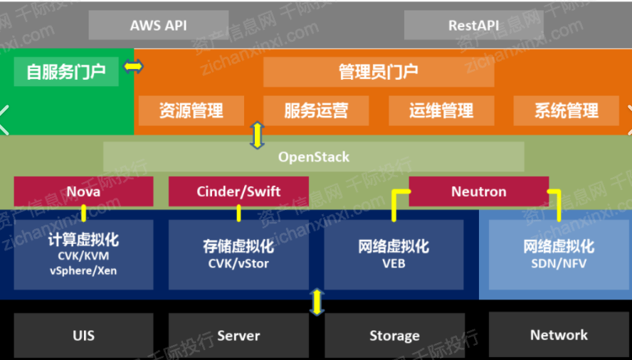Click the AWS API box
(159, 26)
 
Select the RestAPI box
(473, 26)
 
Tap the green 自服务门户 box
(66, 72)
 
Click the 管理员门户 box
(379, 72)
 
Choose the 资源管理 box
(191, 110)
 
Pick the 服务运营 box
(316, 110)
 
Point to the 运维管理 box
(441, 110)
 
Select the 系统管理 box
(567, 110)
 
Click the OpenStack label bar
(314, 157)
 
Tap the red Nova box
(83, 191)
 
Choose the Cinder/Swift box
(238, 191)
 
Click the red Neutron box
(479, 191)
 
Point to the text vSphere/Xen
(83, 270)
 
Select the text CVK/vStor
(238, 264)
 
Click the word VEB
(394, 264)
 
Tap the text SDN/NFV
(559, 264)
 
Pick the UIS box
(83, 335)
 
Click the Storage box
(394, 335)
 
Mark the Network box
(559, 334)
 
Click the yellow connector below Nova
(83, 213)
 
